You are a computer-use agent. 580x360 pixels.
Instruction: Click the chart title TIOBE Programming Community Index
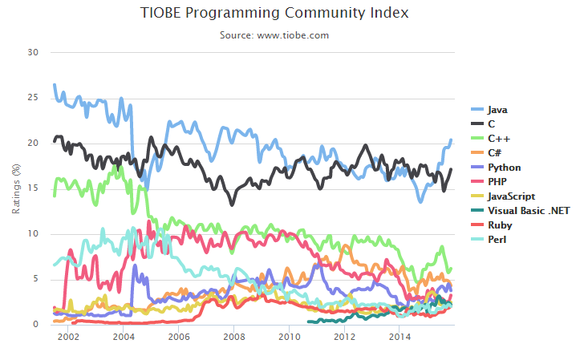coord(275,14)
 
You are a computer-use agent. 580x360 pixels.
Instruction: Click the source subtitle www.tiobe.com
coord(274,35)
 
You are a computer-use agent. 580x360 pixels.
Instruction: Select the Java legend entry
coord(497,109)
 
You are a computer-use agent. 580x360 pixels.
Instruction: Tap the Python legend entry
coord(504,167)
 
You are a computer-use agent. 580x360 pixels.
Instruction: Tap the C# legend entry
coord(497,152)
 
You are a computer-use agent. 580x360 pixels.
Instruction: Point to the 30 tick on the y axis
coord(33,52)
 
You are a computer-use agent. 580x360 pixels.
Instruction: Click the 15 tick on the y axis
coord(33,188)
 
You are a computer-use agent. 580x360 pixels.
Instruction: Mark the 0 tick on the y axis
coord(36,325)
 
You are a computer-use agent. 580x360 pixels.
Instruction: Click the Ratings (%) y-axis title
coord(15,188)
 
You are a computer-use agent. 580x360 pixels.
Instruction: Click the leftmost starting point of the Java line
coord(54,84)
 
